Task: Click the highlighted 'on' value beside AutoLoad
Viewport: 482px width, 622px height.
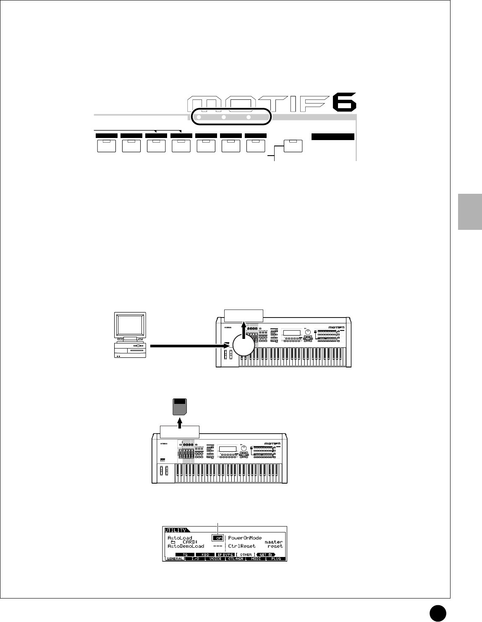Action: (x=217, y=537)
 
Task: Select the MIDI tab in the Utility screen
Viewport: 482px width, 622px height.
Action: (x=256, y=559)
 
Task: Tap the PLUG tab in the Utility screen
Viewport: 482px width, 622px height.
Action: (x=276, y=559)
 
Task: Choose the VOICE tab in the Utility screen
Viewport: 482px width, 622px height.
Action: (x=215, y=559)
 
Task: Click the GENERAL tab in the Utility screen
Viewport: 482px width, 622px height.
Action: (x=174, y=559)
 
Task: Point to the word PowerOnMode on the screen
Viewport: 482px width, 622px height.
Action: (x=245, y=537)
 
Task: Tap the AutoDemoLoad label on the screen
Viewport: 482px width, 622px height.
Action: (x=186, y=546)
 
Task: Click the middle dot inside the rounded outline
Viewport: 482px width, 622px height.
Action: (x=224, y=117)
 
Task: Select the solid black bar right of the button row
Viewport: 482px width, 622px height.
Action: (x=333, y=136)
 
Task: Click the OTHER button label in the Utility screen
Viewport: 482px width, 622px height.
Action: (x=246, y=554)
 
